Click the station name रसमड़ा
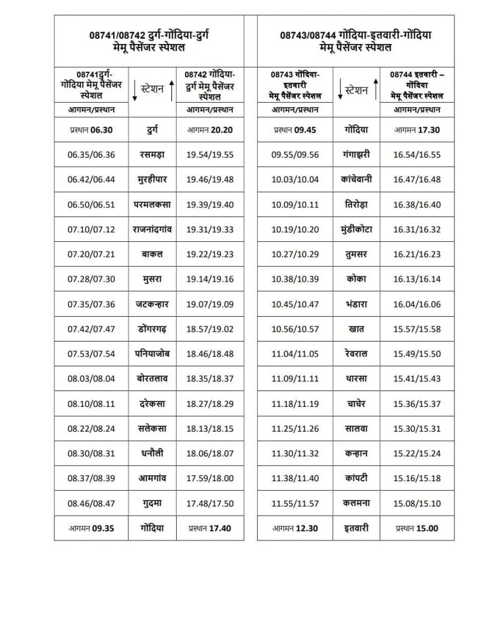pos(152,155)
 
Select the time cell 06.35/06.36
pos(91,155)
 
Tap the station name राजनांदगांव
pos(152,229)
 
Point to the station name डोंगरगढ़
pos(152,329)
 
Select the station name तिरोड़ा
pos(356,204)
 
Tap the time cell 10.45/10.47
pos(295,303)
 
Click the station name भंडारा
pos(356,303)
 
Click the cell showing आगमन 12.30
pos(295,528)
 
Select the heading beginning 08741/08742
pos(149,41)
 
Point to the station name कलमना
pos(356,503)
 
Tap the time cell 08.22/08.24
pos(91,429)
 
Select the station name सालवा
pos(356,429)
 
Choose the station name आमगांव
pos(152,478)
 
